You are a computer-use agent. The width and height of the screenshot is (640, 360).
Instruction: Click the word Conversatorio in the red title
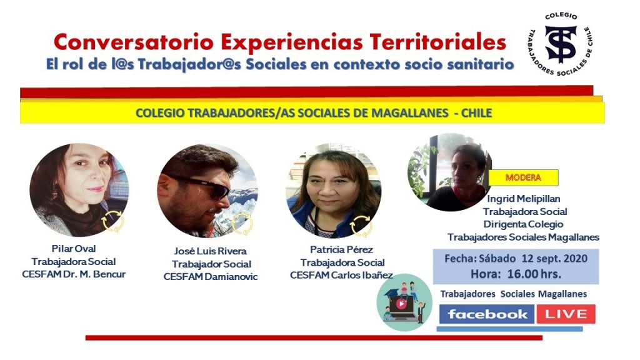pos(134,42)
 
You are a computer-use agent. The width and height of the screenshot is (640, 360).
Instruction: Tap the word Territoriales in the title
pos(437,42)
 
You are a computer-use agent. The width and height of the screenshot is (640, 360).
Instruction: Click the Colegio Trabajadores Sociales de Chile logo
pos(561,44)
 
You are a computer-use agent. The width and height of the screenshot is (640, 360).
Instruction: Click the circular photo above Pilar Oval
pos(79,190)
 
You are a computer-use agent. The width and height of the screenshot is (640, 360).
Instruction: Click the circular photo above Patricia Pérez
pos(333,191)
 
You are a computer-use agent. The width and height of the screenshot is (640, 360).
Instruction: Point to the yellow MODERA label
pos(523,177)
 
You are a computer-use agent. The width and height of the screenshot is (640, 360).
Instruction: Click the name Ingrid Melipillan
pos(523,199)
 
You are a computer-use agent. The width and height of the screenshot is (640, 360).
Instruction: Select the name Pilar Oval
pos(74,249)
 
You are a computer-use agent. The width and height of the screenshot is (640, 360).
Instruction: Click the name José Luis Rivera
pos(210,251)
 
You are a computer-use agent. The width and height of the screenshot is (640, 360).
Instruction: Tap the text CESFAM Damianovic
pos(211,277)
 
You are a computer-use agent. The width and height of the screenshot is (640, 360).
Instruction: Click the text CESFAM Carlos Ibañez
pos(341,275)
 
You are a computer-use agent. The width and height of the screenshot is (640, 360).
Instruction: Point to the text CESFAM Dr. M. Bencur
pos(74,274)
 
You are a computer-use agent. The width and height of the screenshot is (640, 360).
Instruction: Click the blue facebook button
pos(486,314)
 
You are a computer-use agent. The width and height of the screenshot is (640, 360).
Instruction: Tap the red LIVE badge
pos(566,314)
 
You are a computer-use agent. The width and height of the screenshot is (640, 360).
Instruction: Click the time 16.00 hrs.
pos(534,274)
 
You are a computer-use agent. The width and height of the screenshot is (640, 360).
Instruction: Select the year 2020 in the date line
pos(575,258)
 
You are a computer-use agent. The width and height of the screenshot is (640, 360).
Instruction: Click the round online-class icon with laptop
pos(404,302)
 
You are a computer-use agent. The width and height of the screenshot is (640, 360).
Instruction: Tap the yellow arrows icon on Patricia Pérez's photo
pos(361,225)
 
